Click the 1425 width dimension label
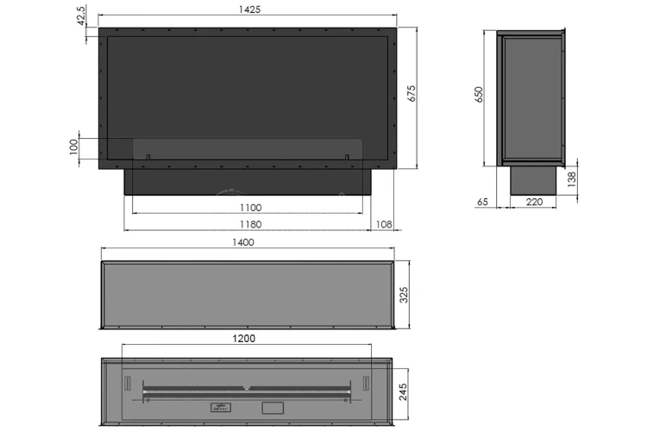tap(249, 9)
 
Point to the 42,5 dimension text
tap(81, 16)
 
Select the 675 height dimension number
tap(411, 93)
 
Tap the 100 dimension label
tap(73, 147)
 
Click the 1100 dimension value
tap(250, 208)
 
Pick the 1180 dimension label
tap(250, 224)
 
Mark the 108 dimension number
tap(384, 224)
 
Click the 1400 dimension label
tap(243, 242)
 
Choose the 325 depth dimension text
tap(404, 295)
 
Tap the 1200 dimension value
tap(243, 338)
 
